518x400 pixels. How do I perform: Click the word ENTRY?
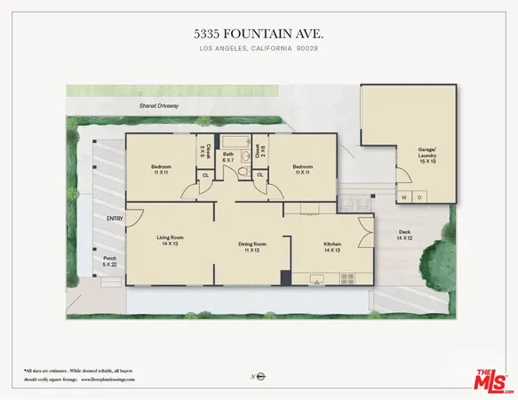pyautogui.click(x=115, y=219)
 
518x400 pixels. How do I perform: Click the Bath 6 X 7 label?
pyautogui.click(x=228, y=157)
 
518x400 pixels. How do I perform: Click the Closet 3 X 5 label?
pyautogui.click(x=203, y=151)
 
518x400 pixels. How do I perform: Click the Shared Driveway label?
pyautogui.click(x=159, y=106)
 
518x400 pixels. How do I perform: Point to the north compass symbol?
pyautogui.click(x=259, y=377)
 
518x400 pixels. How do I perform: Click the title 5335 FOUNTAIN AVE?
pyautogui.click(x=259, y=33)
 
